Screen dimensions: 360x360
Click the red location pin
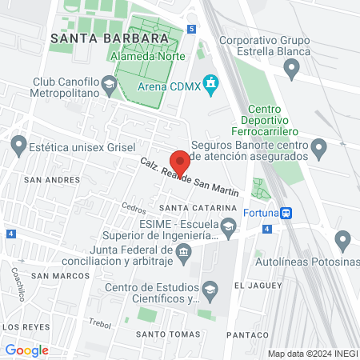(x=180, y=162)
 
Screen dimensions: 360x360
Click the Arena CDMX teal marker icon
(x=211, y=83)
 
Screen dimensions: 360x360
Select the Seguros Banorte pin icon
(x=319, y=148)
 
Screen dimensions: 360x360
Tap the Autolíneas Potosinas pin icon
(x=344, y=239)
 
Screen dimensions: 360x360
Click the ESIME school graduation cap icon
(x=230, y=228)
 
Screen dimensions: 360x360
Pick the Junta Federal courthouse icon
(x=184, y=254)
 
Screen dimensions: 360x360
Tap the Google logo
(x=26, y=350)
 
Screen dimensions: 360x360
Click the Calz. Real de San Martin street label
(x=190, y=178)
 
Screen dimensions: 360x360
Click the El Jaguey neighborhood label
(x=255, y=284)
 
